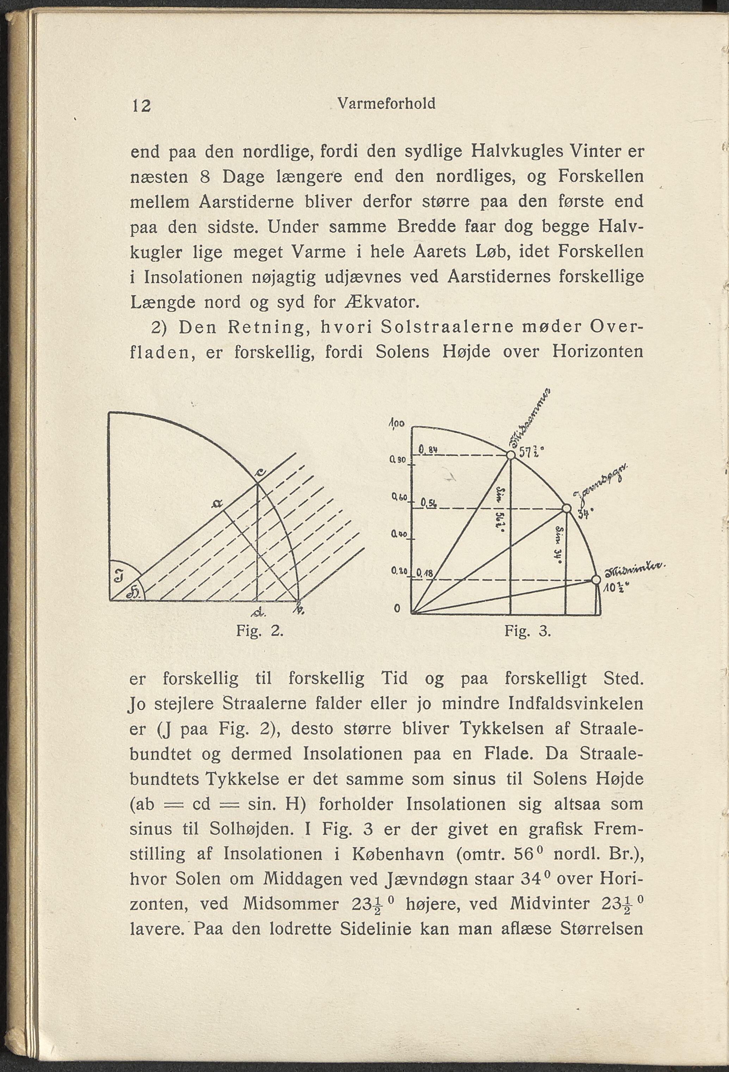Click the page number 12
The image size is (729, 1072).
tap(141, 106)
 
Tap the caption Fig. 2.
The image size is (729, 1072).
tap(259, 630)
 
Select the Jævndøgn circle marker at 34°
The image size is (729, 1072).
tap(566, 508)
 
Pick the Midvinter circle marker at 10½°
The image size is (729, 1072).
tap(596, 579)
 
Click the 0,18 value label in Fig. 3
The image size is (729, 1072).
tap(423, 574)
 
